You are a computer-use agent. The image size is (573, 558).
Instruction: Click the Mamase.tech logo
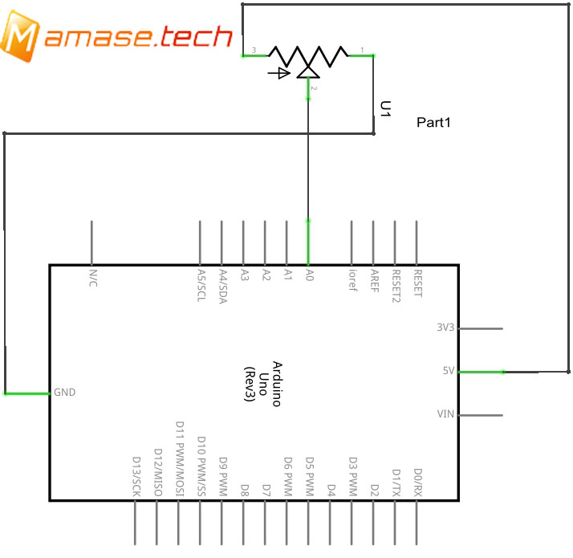pyautogui.click(x=117, y=36)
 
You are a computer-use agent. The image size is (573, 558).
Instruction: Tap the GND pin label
pyautogui.click(x=63, y=393)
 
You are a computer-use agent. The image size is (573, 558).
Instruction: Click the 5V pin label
pyautogui.click(x=448, y=372)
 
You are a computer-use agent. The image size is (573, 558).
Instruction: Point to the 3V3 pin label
pyautogui.click(x=445, y=328)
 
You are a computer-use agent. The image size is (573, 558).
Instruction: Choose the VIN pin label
pyautogui.click(x=445, y=415)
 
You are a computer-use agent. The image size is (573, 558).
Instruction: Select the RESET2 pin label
pyautogui.click(x=396, y=284)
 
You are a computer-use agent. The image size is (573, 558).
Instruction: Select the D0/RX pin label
pyautogui.click(x=417, y=483)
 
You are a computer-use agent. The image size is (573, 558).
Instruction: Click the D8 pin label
pyautogui.click(x=244, y=488)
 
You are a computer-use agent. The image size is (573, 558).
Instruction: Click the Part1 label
pyautogui.click(x=434, y=123)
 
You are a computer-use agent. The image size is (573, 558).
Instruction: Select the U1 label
pyautogui.click(x=385, y=110)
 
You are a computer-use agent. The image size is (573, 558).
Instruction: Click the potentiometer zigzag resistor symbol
pyautogui.click(x=308, y=54)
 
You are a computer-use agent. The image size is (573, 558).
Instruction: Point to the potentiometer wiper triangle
pyautogui.click(x=308, y=71)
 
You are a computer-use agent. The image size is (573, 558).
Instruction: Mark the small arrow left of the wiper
pyautogui.click(x=278, y=73)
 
